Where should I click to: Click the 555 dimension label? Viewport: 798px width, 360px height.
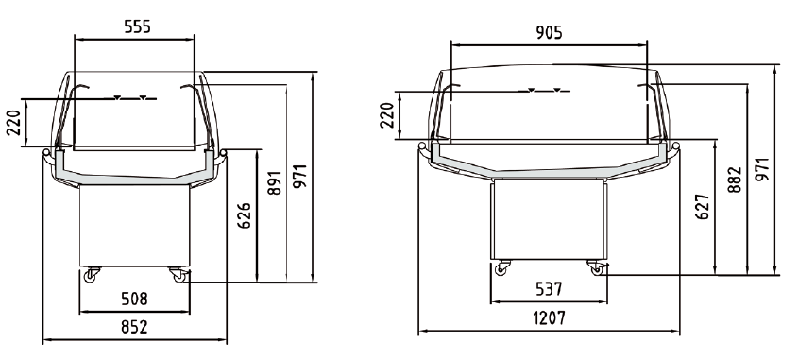pos(138,26)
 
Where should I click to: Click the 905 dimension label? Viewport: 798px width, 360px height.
pos(549,32)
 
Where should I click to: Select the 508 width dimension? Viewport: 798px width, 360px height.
pos(134,299)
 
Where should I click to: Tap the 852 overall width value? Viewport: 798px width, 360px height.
pos(134,327)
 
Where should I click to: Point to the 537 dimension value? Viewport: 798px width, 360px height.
pos(549,289)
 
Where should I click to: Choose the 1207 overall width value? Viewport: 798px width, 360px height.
pos(549,318)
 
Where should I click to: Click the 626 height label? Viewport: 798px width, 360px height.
pos(245,215)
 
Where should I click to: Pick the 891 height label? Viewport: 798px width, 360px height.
pos(274,183)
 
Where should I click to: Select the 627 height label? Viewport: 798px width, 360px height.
pos(703,206)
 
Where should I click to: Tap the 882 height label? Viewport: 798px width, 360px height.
pos(735,180)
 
